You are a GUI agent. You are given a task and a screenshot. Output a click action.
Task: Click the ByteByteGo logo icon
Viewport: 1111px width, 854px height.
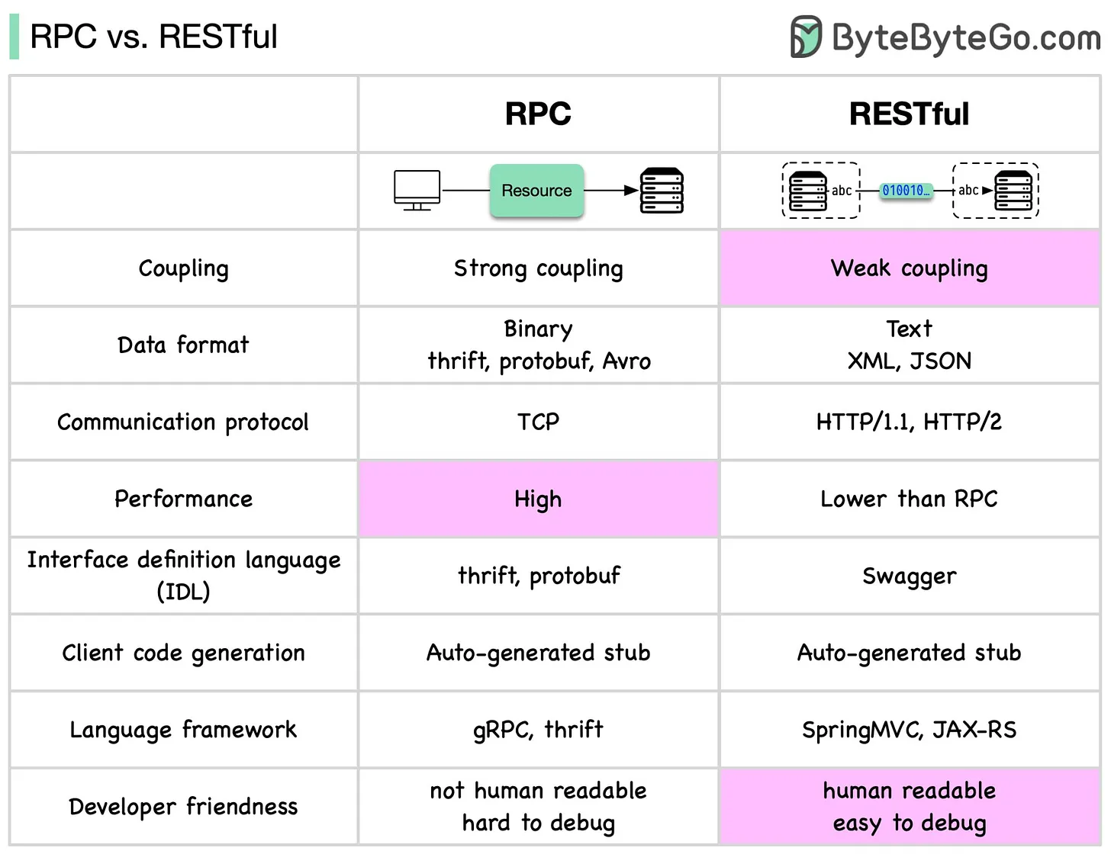click(x=805, y=37)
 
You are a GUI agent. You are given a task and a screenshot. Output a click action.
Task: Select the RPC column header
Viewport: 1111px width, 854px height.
click(x=538, y=114)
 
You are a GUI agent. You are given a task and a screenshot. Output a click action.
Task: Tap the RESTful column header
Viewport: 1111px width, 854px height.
click(x=909, y=114)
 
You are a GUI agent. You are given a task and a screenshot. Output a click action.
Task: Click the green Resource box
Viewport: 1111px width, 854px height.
click(x=536, y=191)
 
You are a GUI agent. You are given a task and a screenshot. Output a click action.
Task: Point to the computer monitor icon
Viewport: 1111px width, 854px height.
click(x=417, y=190)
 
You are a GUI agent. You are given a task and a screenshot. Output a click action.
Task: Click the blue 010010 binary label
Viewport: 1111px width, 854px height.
click(x=905, y=191)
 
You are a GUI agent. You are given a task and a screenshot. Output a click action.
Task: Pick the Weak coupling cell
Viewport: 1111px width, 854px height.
click(x=909, y=268)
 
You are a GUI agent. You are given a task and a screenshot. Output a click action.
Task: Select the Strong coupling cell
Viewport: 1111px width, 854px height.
click(x=538, y=268)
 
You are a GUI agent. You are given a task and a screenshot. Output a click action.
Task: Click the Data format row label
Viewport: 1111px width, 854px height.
click(x=183, y=345)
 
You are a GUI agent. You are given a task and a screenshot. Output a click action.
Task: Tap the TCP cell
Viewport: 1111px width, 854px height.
click(x=538, y=422)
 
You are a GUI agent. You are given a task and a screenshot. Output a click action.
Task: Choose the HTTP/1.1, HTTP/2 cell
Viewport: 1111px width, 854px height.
click(x=909, y=422)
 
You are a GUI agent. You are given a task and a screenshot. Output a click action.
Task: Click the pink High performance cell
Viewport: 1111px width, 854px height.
click(x=538, y=499)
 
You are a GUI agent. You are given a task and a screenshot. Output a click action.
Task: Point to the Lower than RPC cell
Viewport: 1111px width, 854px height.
click(x=909, y=499)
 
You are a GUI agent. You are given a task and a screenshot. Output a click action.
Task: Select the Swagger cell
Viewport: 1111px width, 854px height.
click(x=909, y=576)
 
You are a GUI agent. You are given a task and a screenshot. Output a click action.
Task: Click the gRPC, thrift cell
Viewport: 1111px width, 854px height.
click(x=538, y=730)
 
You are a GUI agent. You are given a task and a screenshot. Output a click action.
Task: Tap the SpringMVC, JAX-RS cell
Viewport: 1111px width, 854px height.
click(x=909, y=730)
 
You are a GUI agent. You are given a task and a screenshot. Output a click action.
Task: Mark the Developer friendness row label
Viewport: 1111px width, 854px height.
click(x=183, y=807)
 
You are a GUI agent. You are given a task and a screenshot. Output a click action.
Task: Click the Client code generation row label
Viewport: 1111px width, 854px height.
click(x=183, y=653)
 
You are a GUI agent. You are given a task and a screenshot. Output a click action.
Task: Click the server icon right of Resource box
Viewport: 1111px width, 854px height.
click(x=662, y=191)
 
